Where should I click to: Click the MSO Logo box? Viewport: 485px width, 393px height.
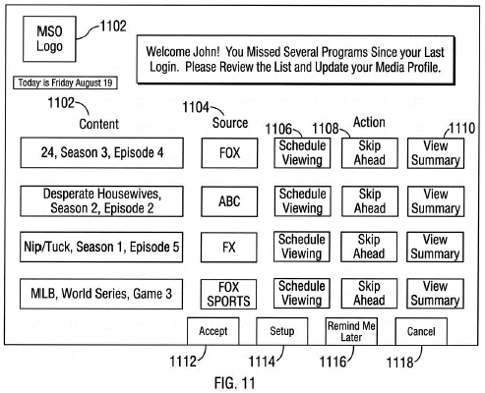(49, 39)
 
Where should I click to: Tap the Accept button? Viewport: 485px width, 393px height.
(213, 331)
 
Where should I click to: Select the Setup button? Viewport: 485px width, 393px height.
(282, 331)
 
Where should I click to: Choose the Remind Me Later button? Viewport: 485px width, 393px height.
(351, 331)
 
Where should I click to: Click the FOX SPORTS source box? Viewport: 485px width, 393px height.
(228, 294)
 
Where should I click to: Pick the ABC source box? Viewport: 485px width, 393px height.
(229, 201)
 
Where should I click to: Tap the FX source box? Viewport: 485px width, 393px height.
(229, 248)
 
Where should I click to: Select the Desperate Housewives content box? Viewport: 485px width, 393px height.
(101, 201)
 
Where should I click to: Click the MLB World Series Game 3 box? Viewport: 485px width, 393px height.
(101, 294)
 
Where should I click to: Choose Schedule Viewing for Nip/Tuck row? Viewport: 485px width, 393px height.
(302, 247)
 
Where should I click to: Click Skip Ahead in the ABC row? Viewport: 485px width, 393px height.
(370, 201)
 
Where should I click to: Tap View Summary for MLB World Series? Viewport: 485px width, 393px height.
(435, 294)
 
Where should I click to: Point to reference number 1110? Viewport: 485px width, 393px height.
(462, 128)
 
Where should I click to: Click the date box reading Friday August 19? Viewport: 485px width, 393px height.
(65, 83)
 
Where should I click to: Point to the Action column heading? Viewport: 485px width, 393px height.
(369, 122)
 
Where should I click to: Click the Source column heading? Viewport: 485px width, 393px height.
(230, 123)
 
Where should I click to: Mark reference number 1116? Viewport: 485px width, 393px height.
(333, 362)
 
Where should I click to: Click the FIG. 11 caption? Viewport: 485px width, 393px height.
(234, 382)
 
